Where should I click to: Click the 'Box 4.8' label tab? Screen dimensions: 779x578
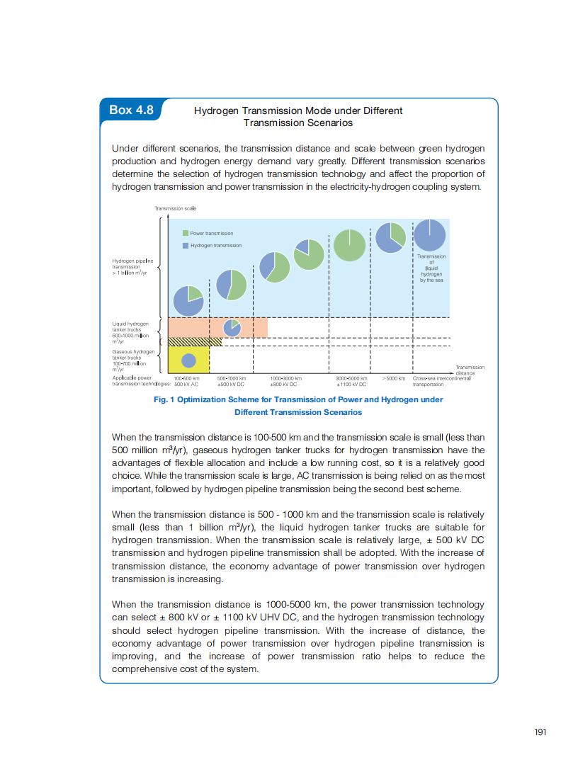click(x=131, y=110)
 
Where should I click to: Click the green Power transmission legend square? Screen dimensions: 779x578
click(x=186, y=233)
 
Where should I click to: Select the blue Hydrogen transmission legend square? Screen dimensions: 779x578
click(x=186, y=245)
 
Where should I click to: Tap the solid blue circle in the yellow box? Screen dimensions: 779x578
click(x=188, y=360)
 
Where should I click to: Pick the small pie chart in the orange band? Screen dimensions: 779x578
click(x=232, y=328)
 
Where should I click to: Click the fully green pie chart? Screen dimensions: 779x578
click(x=350, y=246)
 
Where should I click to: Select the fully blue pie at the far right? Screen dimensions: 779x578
click(x=430, y=234)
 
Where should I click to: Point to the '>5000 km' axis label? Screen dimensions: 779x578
click(x=393, y=379)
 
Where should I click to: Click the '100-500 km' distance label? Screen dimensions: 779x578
click(x=187, y=379)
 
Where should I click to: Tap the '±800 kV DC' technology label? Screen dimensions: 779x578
click(x=283, y=384)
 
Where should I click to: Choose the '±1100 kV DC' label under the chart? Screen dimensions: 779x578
click(x=352, y=384)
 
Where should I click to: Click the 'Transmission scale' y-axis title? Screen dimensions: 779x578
click(x=175, y=208)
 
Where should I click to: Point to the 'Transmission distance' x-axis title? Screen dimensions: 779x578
click(x=469, y=370)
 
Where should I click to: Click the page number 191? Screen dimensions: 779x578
click(x=540, y=733)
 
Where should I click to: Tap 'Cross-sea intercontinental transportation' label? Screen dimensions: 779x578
click(x=441, y=381)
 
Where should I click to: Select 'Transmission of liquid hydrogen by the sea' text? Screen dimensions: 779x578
click(x=431, y=268)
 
